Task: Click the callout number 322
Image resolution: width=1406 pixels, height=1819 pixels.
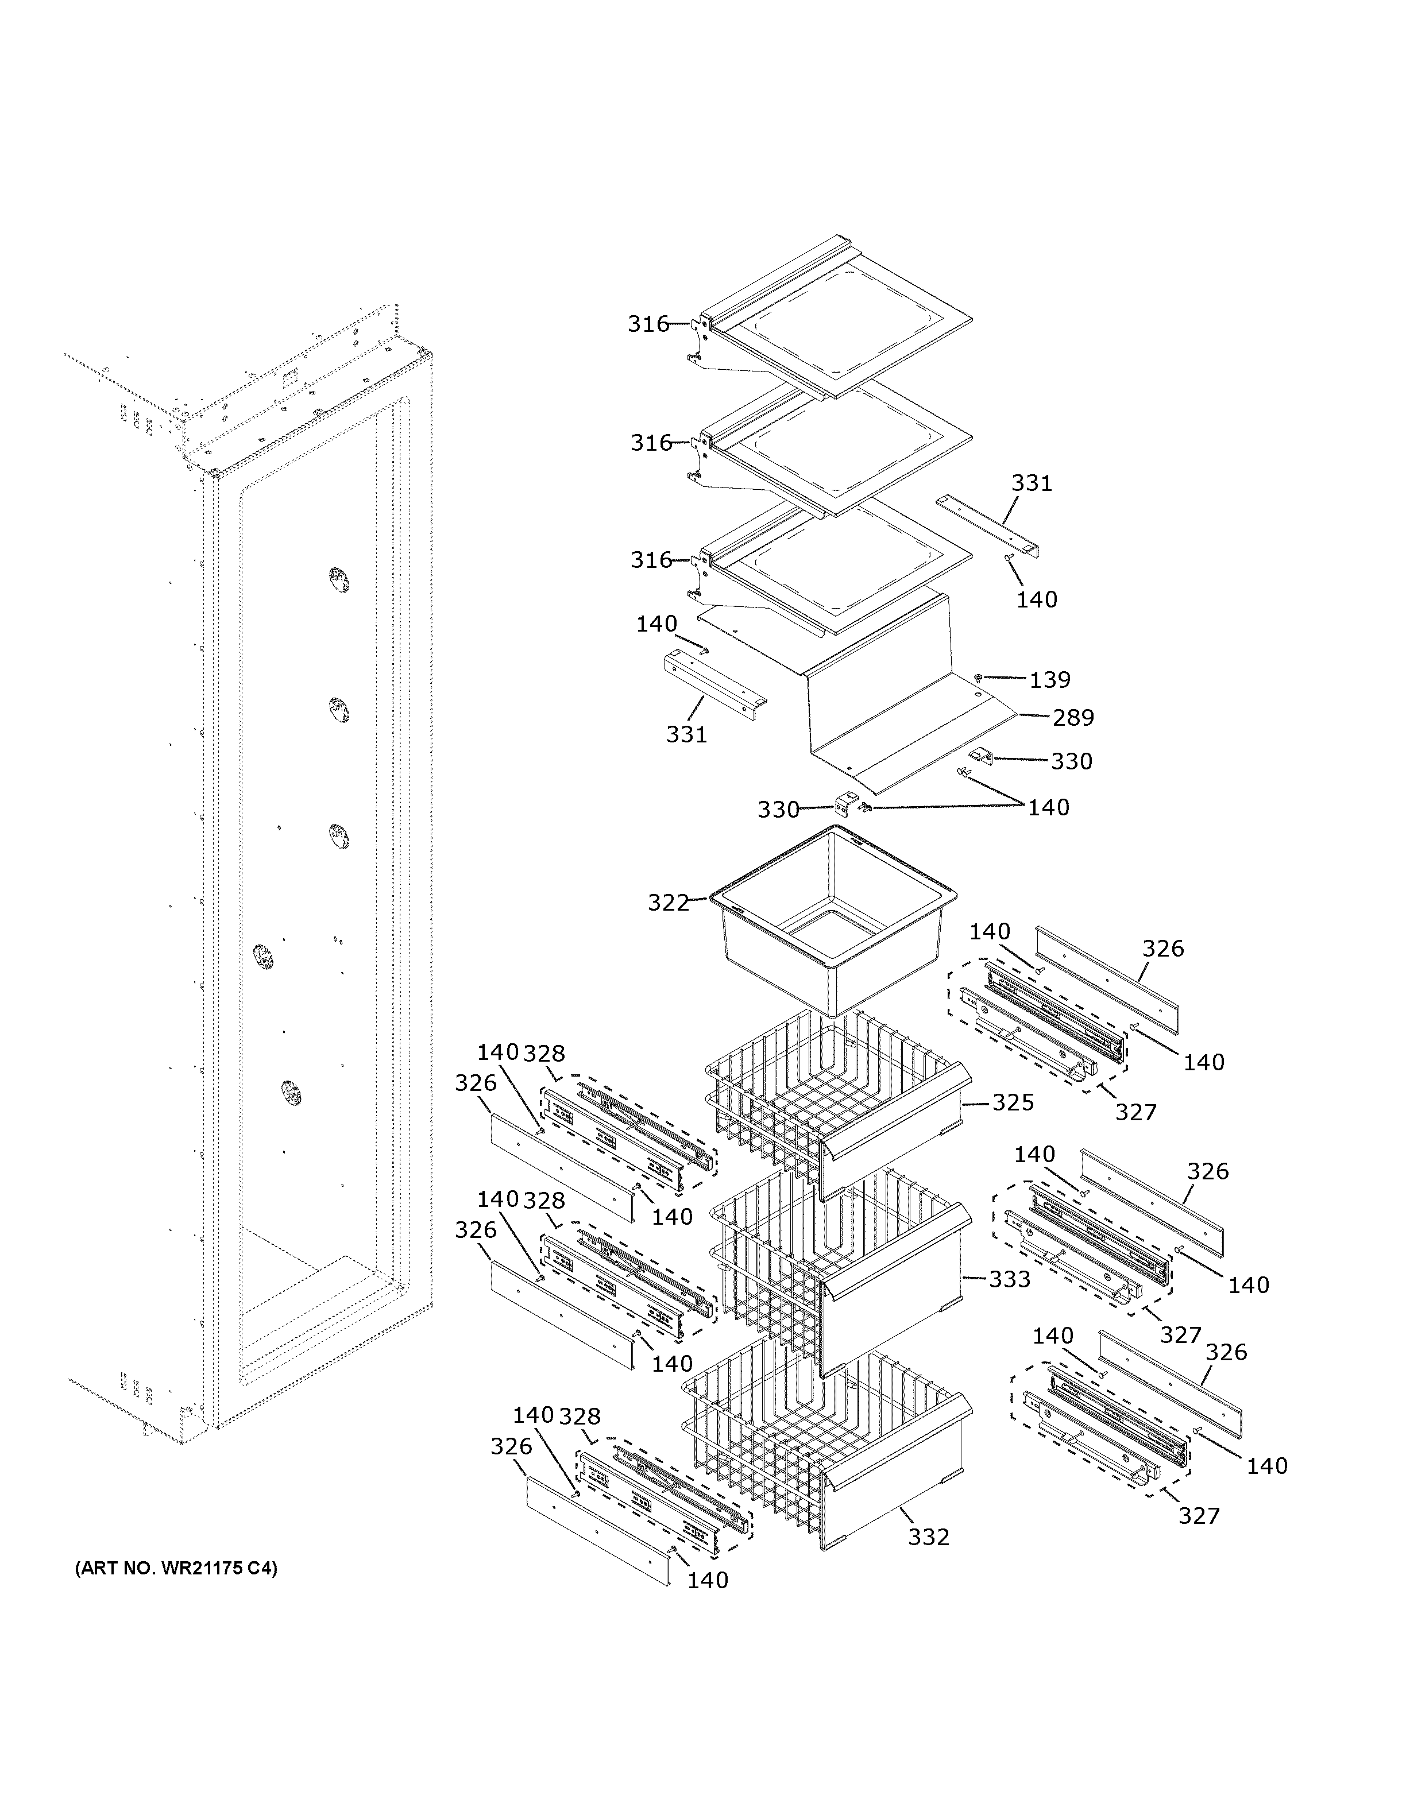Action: pyautogui.click(x=668, y=903)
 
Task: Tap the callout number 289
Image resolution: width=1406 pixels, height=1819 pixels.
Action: pyautogui.click(x=1073, y=717)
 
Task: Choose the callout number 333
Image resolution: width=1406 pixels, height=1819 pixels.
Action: pyautogui.click(x=1010, y=1279)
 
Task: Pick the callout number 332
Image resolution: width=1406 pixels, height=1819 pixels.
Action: pyautogui.click(x=928, y=1537)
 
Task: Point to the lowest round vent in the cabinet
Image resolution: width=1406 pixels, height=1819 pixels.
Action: pyautogui.click(x=290, y=1093)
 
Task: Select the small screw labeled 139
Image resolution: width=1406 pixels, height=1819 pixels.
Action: pyautogui.click(x=979, y=678)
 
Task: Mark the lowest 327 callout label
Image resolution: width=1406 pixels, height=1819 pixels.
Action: pyautogui.click(x=1199, y=1516)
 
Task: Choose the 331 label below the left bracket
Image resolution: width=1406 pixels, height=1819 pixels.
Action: pyautogui.click(x=686, y=734)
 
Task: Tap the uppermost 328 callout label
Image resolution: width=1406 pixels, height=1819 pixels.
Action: pyautogui.click(x=544, y=1052)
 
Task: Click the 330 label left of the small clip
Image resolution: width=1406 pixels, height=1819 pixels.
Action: pyautogui.click(x=778, y=810)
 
